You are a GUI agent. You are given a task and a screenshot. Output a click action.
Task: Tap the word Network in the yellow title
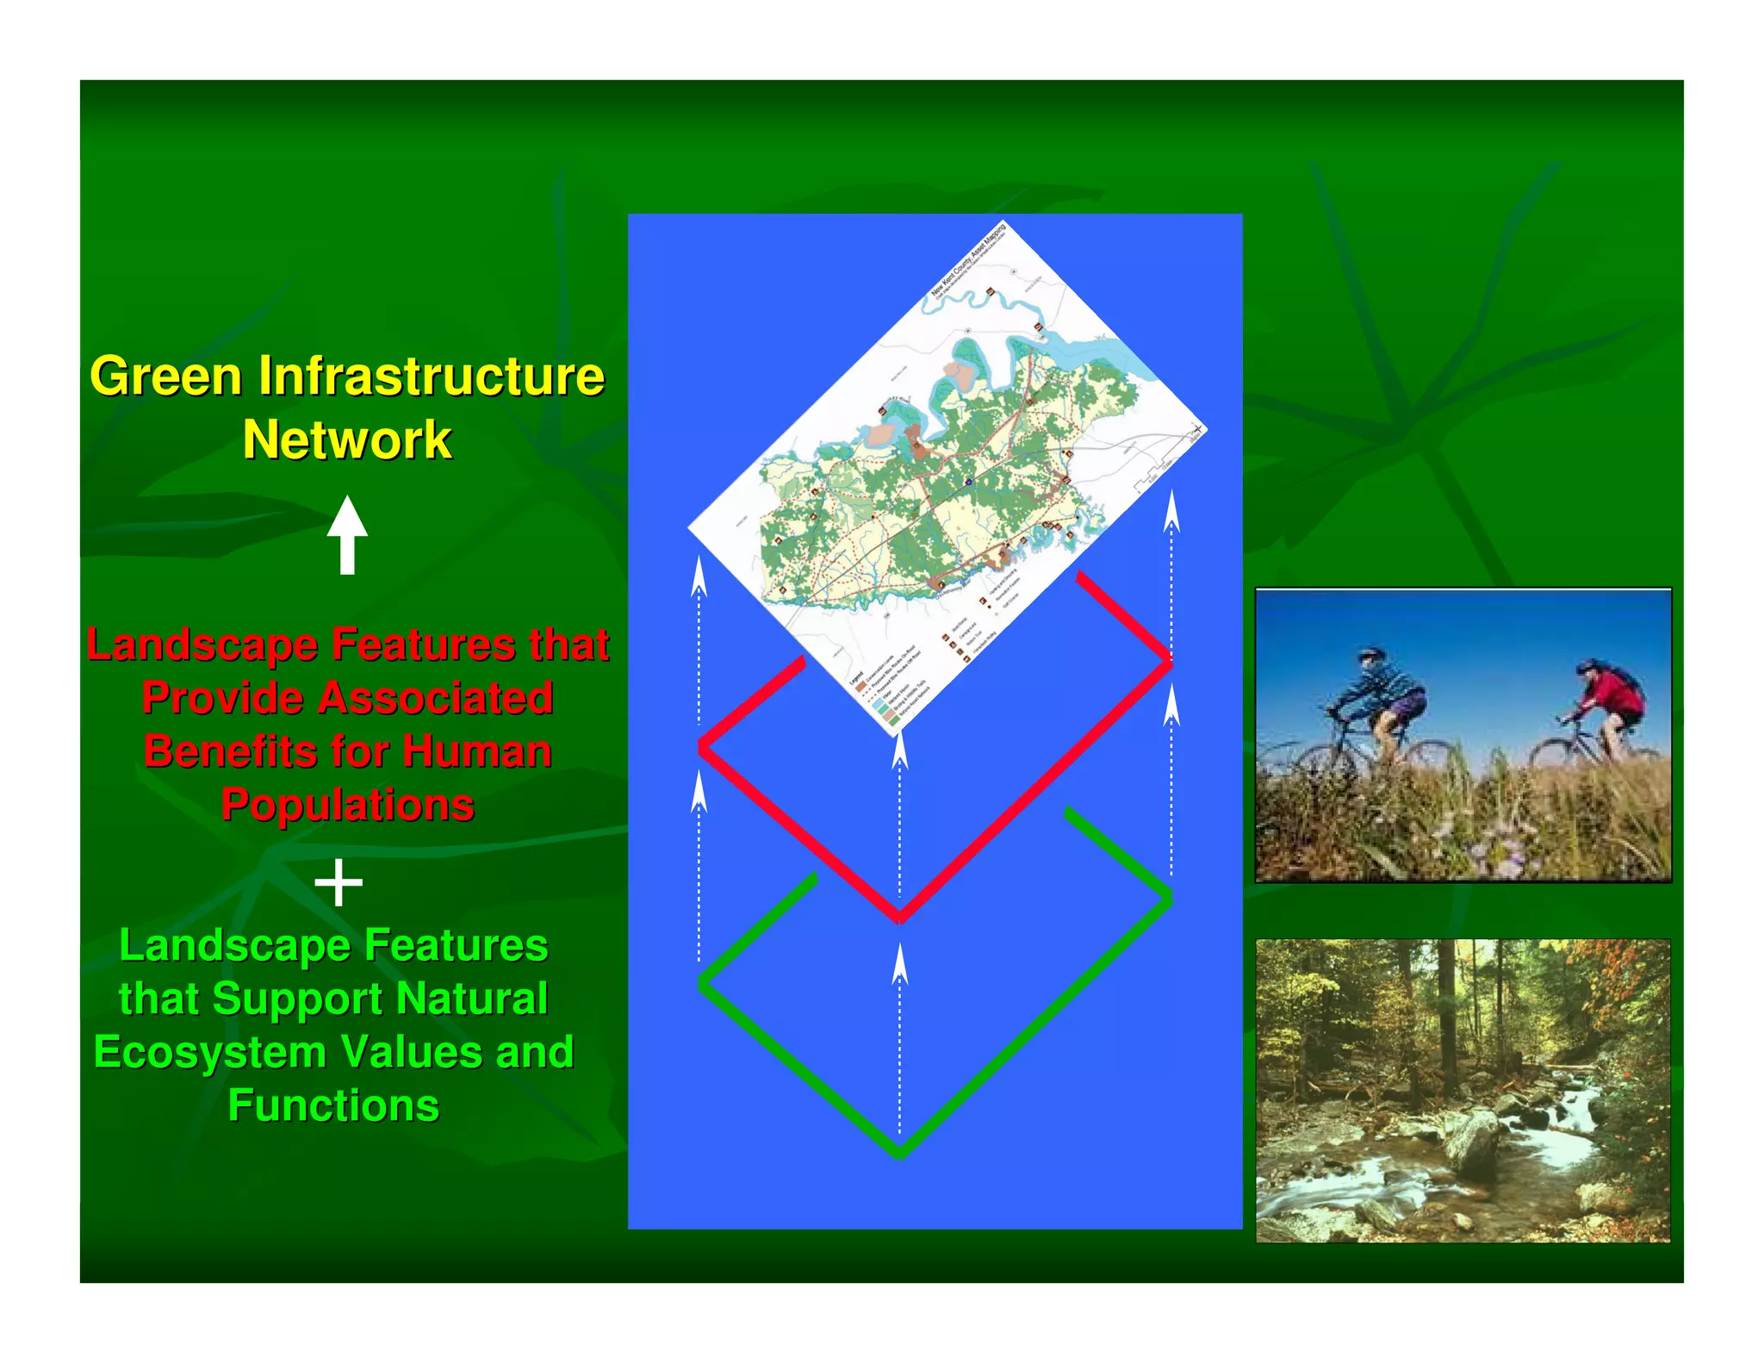coord(347,440)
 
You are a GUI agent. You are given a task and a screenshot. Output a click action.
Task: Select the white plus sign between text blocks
coord(339,882)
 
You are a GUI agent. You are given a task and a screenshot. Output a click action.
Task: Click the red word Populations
coord(348,806)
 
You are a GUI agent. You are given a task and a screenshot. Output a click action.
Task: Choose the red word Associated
coord(435,698)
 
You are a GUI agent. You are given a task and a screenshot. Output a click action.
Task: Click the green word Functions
coord(333,1106)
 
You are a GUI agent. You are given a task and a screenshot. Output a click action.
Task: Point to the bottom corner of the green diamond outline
coord(899,1152)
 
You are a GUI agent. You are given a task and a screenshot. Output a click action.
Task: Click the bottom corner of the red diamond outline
coord(899,917)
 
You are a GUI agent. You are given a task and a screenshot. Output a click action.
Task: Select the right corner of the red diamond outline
coord(1170,662)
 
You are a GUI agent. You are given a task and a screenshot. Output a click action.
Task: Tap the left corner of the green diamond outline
coord(702,982)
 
